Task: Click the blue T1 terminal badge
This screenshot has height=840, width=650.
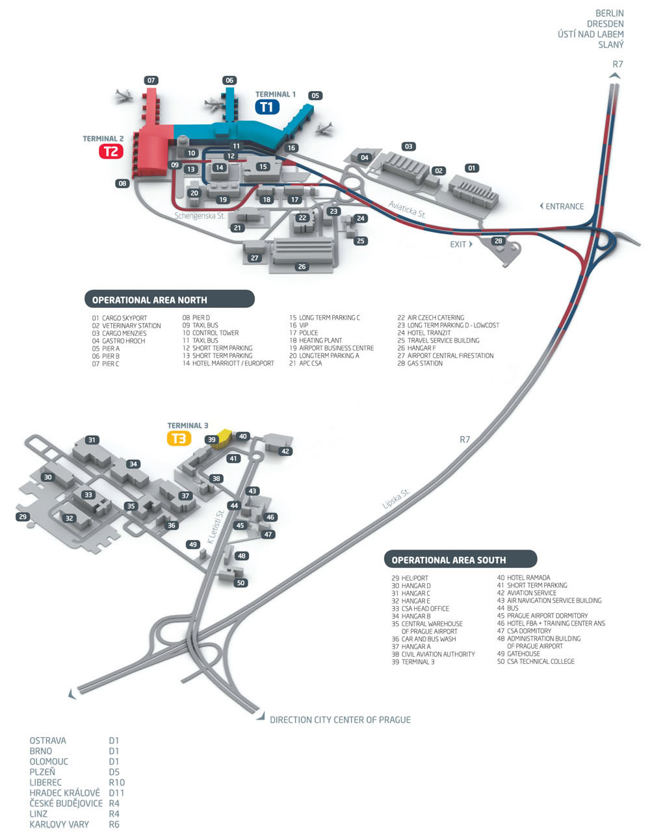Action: coord(267,106)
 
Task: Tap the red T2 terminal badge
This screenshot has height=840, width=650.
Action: coord(110,151)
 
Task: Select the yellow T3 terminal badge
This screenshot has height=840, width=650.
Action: coord(179,439)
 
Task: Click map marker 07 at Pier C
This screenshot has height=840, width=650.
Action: coord(151,81)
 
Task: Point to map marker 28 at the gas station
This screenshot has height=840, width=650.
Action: coord(499,241)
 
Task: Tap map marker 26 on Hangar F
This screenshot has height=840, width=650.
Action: coord(302,266)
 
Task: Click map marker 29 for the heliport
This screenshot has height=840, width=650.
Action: coord(23,516)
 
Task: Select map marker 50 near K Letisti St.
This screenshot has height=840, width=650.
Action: coord(240,583)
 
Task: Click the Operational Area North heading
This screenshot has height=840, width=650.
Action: coord(149,300)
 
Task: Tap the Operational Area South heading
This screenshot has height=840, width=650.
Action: coord(448,560)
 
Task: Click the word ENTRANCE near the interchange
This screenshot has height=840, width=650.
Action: coord(564,207)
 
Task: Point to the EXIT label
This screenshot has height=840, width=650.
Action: coord(458,244)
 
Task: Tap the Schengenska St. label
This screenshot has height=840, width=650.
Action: coord(199,216)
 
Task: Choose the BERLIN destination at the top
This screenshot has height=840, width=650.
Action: coord(609,13)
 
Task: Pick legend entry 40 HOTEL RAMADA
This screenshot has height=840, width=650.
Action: coord(523,578)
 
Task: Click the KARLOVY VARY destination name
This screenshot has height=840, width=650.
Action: coord(59,824)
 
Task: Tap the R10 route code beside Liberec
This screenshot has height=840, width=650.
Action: coord(117,782)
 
